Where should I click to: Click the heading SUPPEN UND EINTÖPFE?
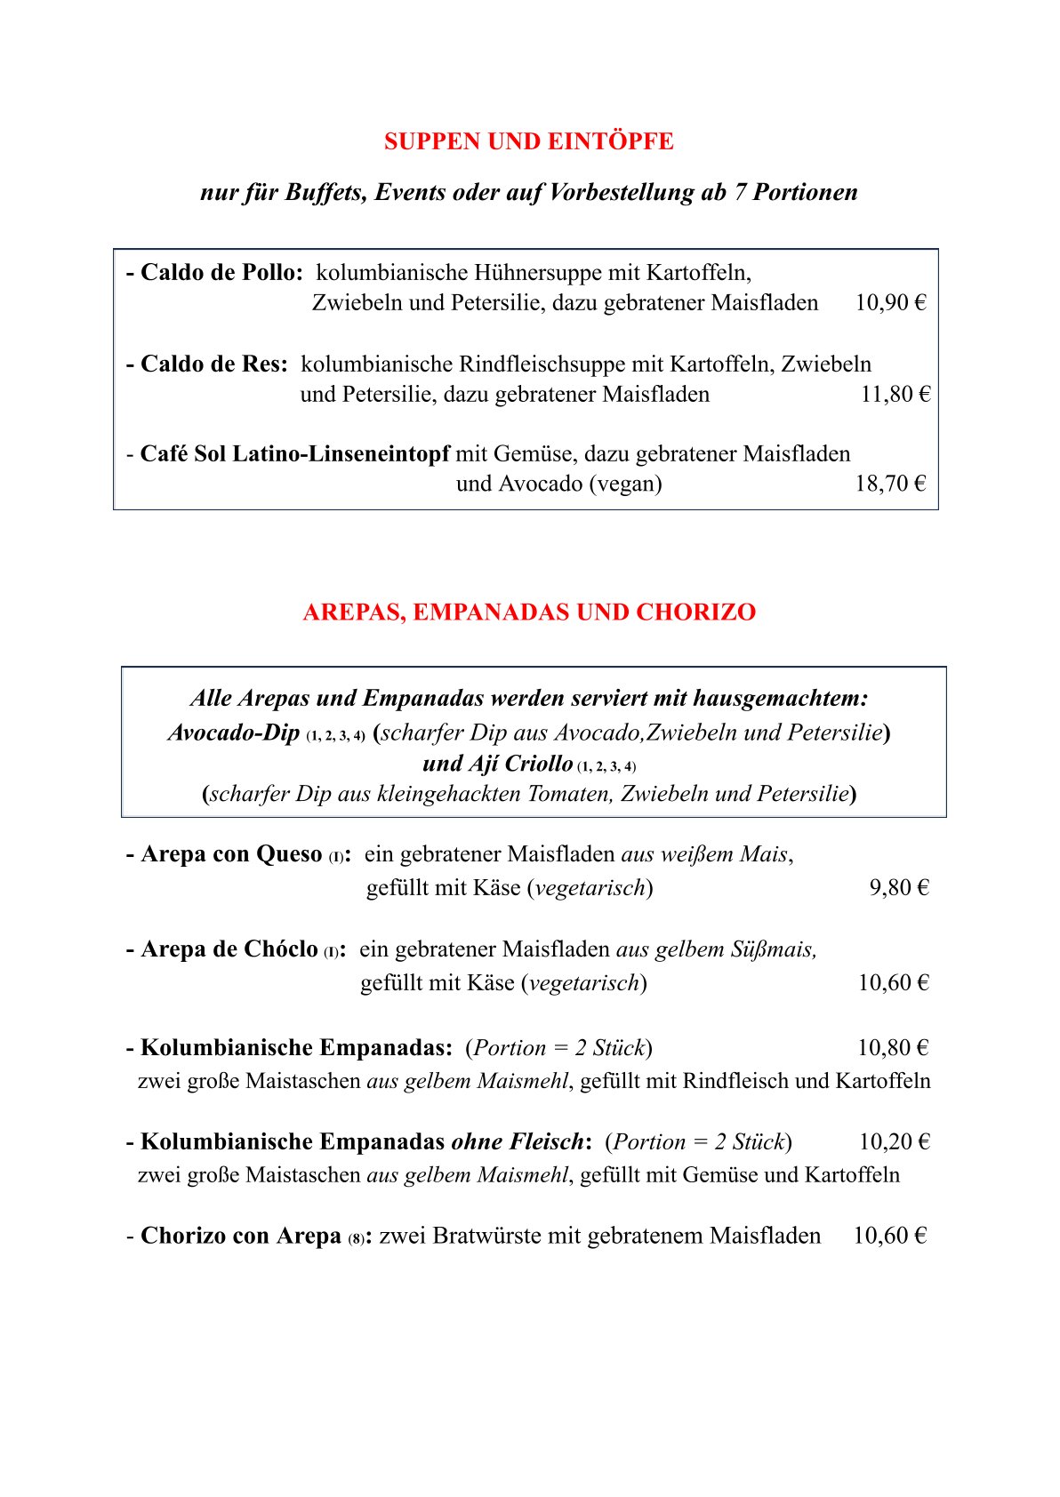[x=528, y=141]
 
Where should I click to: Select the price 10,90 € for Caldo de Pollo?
[x=890, y=303]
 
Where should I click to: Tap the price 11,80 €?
[x=895, y=394]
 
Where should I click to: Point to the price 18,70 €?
[x=890, y=484]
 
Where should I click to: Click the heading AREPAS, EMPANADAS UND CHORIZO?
[x=529, y=612]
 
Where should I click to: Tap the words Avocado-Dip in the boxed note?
[x=234, y=732]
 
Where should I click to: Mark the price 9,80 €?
[x=898, y=888]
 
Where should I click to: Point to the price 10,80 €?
[x=892, y=1048]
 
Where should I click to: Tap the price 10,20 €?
[x=894, y=1142]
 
